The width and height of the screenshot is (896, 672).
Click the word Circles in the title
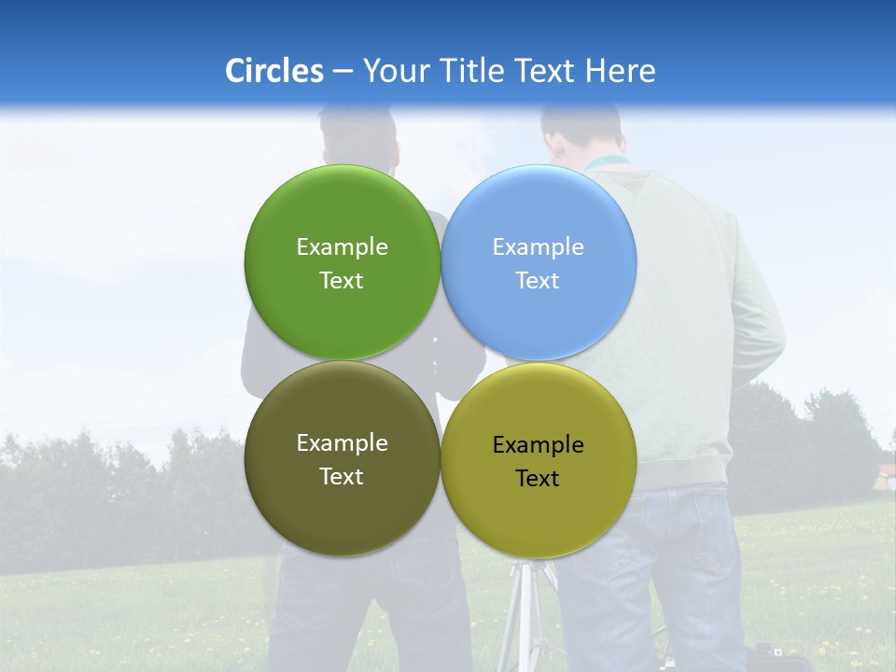(x=274, y=71)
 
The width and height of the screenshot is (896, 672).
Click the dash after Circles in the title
(x=343, y=72)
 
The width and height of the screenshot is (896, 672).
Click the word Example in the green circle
(x=342, y=246)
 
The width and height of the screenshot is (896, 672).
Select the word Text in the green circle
(x=342, y=280)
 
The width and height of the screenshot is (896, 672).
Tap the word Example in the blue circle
(x=538, y=246)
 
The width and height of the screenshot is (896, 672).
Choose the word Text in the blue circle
(x=538, y=280)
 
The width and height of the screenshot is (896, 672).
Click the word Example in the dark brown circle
(x=342, y=443)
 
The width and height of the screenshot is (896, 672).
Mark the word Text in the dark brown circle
(x=342, y=476)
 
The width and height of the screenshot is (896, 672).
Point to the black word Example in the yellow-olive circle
(x=538, y=445)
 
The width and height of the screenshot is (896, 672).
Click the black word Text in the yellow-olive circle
(x=538, y=479)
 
